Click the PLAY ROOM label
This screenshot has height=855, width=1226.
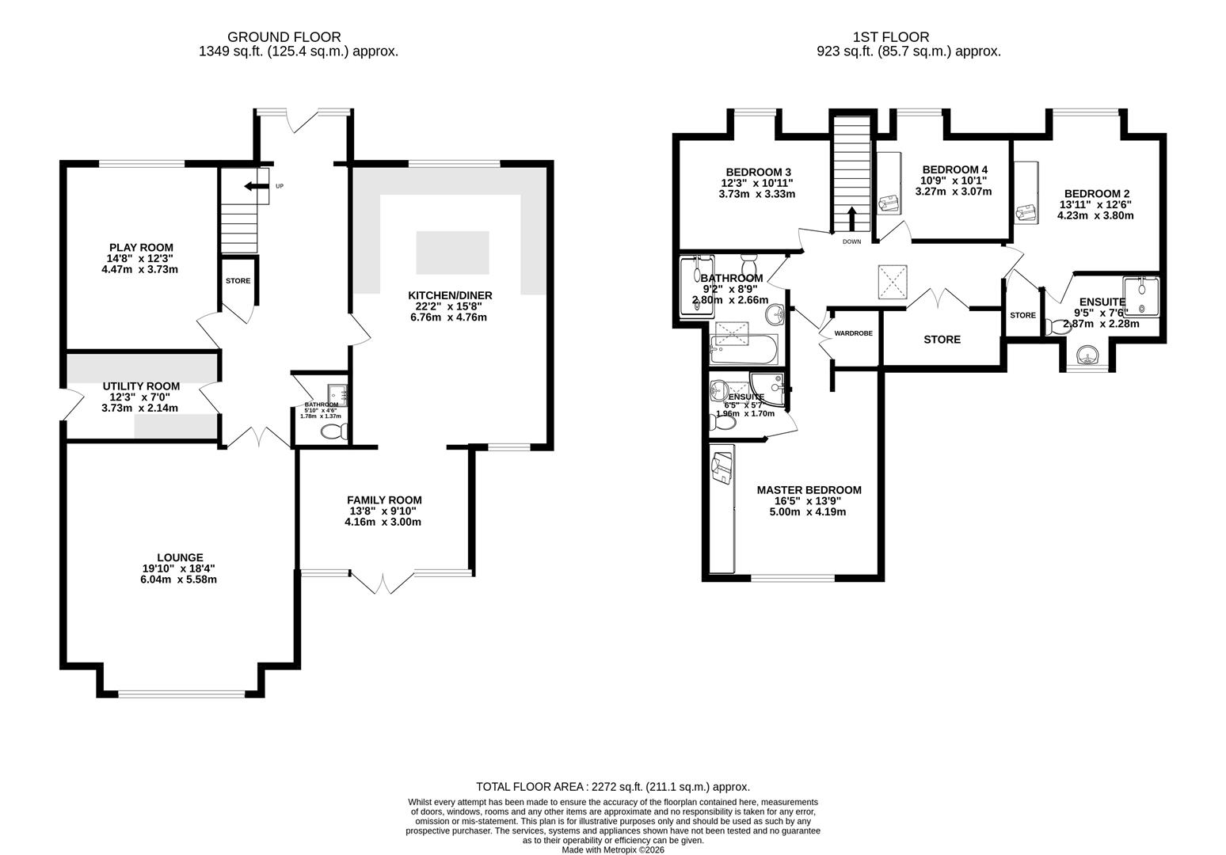141,248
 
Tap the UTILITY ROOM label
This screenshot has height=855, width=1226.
141,386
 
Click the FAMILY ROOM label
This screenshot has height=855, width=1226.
384,500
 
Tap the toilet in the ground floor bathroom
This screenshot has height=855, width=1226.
334,431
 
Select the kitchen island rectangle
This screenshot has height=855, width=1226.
452,253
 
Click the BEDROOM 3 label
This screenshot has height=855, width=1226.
758,172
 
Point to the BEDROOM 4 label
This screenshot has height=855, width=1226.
954,169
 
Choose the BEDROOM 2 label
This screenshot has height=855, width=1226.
1096,193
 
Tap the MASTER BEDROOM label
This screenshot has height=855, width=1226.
809,490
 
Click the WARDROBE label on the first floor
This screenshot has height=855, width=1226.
853,333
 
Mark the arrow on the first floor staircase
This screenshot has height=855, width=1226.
851,216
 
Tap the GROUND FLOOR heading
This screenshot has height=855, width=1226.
284,36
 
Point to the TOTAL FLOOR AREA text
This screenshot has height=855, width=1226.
612,787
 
